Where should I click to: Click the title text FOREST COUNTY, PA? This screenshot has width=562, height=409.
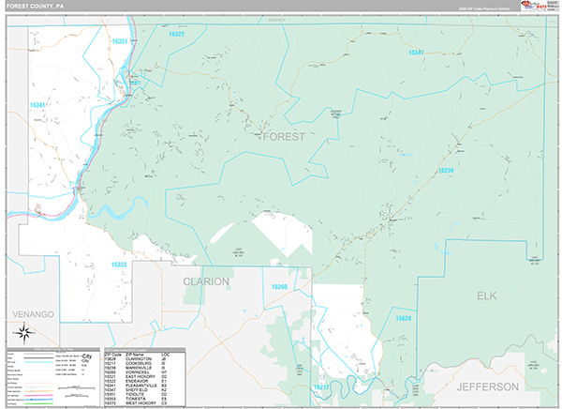[35, 6]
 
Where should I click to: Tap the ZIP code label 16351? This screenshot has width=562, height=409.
[120, 42]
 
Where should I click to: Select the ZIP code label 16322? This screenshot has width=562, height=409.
[176, 35]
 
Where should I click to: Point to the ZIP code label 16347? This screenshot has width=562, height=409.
[416, 53]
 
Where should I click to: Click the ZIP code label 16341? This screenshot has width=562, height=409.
[38, 105]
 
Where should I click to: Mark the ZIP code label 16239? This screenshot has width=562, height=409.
[446, 170]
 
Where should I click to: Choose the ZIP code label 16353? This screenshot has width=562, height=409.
[119, 265]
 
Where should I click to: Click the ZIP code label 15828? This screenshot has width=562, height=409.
[403, 319]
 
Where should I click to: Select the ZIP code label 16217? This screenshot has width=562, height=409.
[321, 386]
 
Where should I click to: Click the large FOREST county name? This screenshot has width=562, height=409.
[284, 137]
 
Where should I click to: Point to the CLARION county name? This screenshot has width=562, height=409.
[206, 280]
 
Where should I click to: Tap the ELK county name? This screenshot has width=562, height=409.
[486, 295]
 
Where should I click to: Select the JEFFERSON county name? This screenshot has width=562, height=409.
[487, 386]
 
